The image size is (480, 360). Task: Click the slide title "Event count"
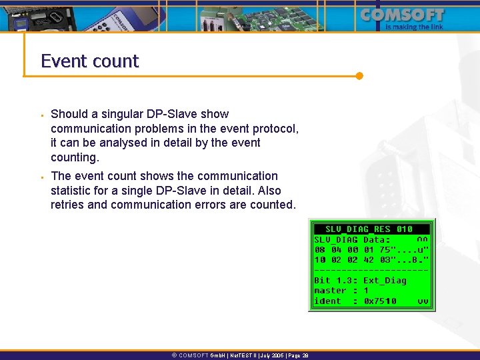pyautogui.click(x=89, y=61)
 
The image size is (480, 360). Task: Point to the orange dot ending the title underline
pyautogui.click(x=359, y=76)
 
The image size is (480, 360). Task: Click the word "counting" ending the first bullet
pyautogui.click(x=75, y=157)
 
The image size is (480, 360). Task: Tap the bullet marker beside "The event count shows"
pyautogui.click(x=41, y=177)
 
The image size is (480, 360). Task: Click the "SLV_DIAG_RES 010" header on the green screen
pyautogui.click(x=369, y=229)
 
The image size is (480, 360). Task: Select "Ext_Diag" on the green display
pyautogui.click(x=385, y=281)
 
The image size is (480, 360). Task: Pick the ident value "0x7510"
pyautogui.click(x=380, y=301)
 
